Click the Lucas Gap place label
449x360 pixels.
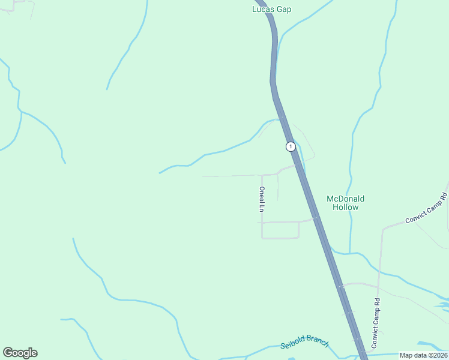[x=271, y=9]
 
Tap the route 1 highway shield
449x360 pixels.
[x=291, y=146]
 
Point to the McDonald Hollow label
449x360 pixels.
[x=345, y=203]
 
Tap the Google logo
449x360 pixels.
[x=20, y=353]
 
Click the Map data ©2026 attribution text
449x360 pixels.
[x=423, y=355]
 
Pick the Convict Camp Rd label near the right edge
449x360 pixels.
[x=426, y=208]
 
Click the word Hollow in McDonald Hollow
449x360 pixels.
[x=346, y=208]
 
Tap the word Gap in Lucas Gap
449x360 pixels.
[x=284, y=9]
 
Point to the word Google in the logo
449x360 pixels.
[x=20, y=353]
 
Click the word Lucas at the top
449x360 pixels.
[x=263, y=9]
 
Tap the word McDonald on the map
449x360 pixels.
[x=345, y=199]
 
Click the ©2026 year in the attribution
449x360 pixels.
[x=436, y=355]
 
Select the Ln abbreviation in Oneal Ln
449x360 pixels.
[x=262, y=209]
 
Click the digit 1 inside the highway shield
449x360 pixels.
[x=291, y=146]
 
